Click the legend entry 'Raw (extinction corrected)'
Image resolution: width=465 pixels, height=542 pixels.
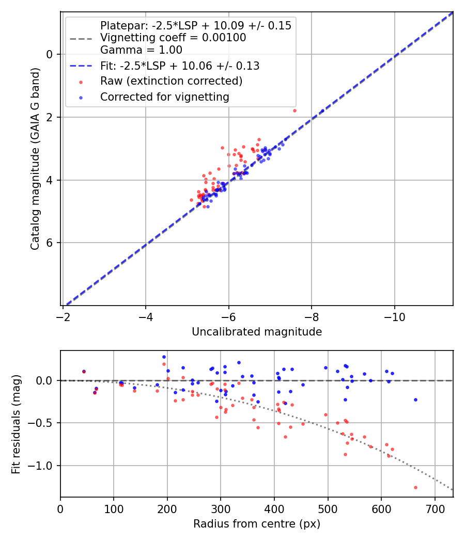(171, 81)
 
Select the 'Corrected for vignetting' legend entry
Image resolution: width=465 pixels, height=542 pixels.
(165, 97)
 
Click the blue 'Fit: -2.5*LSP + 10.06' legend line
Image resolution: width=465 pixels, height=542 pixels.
(82, 66)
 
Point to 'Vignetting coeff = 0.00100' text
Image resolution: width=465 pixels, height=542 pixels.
(173, 38)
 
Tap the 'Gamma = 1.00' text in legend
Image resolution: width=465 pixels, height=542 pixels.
(141, 50)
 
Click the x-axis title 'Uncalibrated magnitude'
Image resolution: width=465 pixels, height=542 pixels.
(257, 332)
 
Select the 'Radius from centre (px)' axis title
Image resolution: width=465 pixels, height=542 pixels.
(257, 524)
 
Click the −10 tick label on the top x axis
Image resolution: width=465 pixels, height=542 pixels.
(395, 316)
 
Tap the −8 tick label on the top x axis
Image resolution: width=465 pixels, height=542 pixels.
(312, 316)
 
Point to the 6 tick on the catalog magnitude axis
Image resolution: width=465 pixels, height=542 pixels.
(50, 243)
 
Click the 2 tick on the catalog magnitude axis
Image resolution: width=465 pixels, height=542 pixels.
(50, 117)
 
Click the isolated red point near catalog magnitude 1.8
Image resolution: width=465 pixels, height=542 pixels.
(295, 110)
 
